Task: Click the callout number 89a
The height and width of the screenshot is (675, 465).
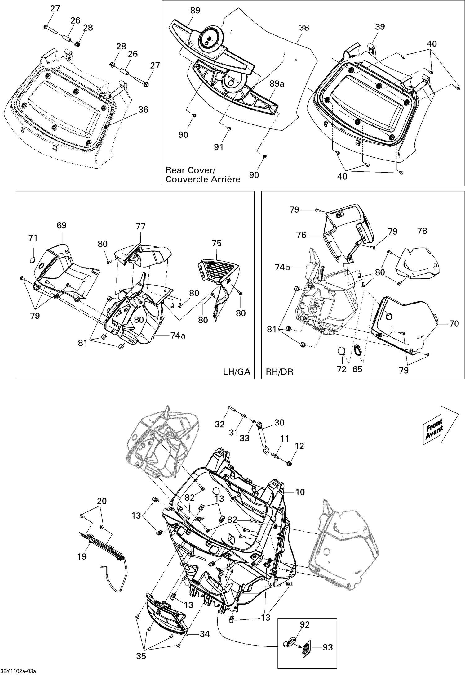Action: point(277,84)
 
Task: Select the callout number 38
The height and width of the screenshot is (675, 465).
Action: point(304,28)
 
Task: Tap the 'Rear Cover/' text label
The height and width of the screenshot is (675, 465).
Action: point(190,170)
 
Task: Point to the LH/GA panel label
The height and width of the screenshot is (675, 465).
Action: point(236,371)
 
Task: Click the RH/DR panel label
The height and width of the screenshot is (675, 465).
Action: point(279,371)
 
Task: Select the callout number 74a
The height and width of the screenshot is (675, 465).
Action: point(178,335)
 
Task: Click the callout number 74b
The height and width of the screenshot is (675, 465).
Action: point(282,267)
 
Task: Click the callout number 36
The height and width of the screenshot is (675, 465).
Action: point(143,110)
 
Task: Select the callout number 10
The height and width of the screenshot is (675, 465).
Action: point(300,492)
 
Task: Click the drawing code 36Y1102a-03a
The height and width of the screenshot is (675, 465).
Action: point(18,671)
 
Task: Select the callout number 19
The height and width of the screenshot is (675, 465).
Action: point(82,556)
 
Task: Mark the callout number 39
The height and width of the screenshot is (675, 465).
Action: point(380,27)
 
